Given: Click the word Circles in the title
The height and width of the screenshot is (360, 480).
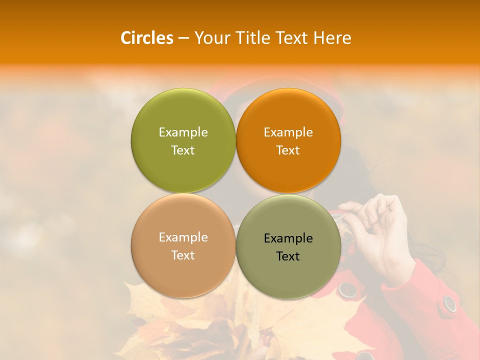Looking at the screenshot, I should (x=146, y=38).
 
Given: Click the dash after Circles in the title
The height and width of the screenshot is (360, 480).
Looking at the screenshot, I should (x=183, y=38).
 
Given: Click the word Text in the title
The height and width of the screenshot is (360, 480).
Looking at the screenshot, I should (x=292, y=38).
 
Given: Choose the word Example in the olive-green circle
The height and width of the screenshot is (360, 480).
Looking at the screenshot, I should (x=183, y=132).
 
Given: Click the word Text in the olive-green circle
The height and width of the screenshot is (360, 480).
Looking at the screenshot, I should (x=183, y=150).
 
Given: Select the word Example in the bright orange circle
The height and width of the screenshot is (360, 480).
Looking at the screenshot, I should (x=288, y=132).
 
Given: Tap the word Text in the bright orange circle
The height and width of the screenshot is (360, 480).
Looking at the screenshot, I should (x=288, y=150).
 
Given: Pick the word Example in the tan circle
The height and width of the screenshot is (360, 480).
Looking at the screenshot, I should (x=183, y=237).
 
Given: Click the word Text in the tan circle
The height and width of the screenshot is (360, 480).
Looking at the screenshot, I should (x=183, y=255).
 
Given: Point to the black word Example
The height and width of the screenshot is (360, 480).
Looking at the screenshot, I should (x=288, y=238).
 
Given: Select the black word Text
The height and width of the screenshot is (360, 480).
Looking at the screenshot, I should (x=288, y=256).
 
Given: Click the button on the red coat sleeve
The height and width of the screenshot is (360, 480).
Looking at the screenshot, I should (x=450, y=303).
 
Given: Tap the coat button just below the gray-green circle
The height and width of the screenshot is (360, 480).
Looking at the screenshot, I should (x=346, y=289).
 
